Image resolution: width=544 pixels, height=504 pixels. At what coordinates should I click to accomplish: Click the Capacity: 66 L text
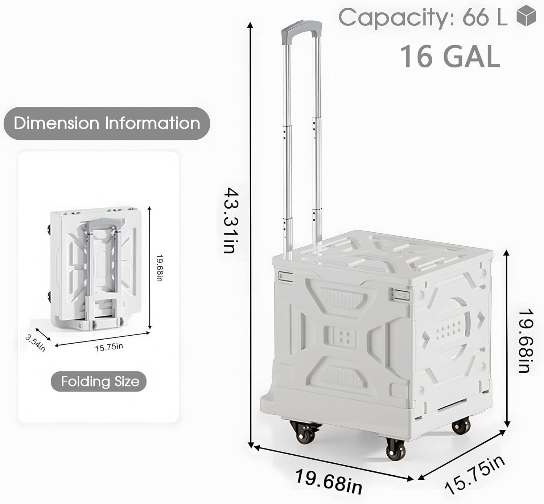423,17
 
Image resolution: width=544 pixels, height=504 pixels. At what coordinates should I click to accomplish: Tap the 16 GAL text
450,57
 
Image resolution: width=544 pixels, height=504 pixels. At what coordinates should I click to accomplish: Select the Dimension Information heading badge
107,123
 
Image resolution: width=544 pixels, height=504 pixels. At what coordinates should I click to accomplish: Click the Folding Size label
100,381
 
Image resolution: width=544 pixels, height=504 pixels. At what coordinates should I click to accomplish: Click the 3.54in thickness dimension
36,343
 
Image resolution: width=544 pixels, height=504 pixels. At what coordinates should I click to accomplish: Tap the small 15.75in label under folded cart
109,347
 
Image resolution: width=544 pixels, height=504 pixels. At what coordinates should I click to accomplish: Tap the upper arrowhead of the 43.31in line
250,25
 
